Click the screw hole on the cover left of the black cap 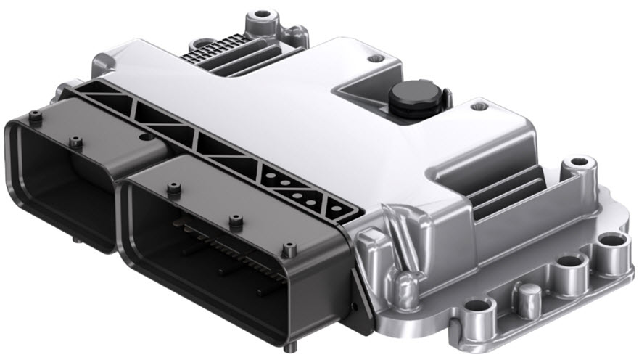pyautogui.click(x=373, y=58)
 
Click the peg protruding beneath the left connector pyautogui.click(x=75, y=237)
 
